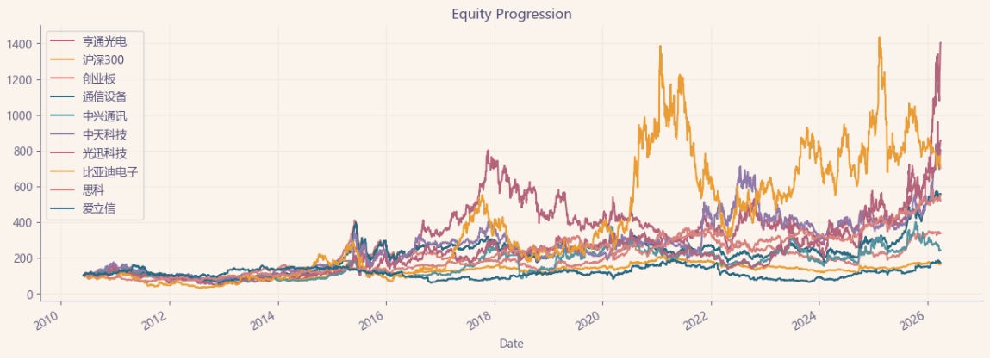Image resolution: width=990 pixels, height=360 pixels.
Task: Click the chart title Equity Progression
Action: [x=512, y=15]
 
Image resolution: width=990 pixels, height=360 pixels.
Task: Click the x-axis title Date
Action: [x=512, y=344]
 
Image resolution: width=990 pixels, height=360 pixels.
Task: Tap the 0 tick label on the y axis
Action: [x=31, y=295]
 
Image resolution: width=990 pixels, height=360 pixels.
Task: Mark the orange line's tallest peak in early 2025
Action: [x=879, y=38]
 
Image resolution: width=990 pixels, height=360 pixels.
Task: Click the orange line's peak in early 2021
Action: [x=660, y=47]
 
